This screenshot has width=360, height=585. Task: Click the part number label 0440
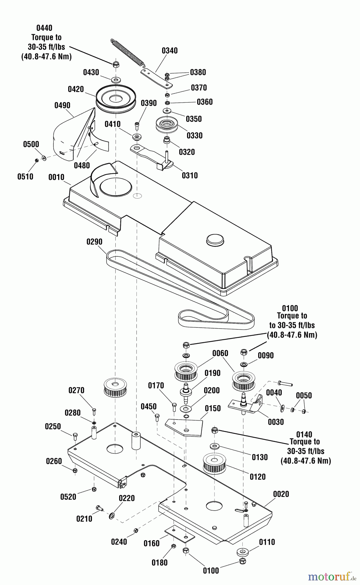coord(44,28)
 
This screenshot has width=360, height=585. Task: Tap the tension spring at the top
coord(127,52)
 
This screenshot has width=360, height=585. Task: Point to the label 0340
coord(170,50)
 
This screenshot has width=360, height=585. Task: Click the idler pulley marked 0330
coord(167,124)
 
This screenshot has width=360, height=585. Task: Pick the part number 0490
coord(62,105)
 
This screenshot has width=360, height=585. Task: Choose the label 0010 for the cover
coord(56,177)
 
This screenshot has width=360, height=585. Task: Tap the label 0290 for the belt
coord(94,242)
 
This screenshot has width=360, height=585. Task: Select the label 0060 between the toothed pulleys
coord(220,353)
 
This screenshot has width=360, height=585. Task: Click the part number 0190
coord(212,373)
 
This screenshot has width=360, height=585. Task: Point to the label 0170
coord(156,385)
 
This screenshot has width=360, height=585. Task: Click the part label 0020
coord(281,494)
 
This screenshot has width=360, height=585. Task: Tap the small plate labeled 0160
coord(180,534)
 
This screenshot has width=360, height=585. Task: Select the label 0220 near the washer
coord(127,498)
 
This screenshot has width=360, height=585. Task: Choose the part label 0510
coord(25,176)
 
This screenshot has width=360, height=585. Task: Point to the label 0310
coord(190,175)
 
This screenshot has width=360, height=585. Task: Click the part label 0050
coord(304,396)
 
